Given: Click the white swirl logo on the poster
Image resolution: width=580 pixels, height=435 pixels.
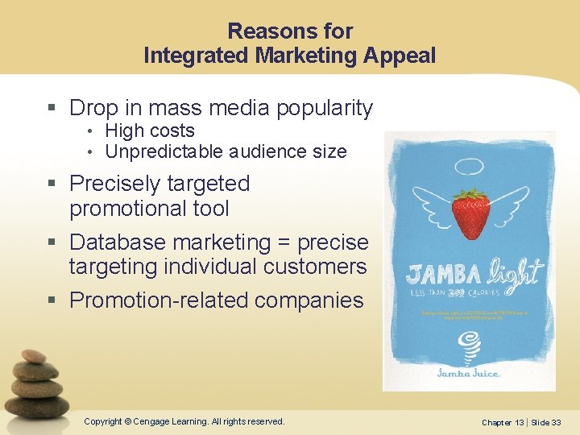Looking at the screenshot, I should pyautogui.click(x=469, y=346).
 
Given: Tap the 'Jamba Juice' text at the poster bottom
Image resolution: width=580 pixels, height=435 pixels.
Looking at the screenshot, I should pyautogui.click(x=469, y=373).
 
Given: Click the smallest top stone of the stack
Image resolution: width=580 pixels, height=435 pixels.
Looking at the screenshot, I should pyautogui.click(x=34, y=356).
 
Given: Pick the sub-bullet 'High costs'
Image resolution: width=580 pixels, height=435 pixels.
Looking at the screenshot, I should pyautogui.click(x=150, y=130).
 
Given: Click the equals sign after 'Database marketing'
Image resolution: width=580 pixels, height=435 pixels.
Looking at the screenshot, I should pyautogui.click(x=284, y=242).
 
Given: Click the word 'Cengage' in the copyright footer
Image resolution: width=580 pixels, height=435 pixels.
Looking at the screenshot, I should pyautogui.click(x=152, y=421).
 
